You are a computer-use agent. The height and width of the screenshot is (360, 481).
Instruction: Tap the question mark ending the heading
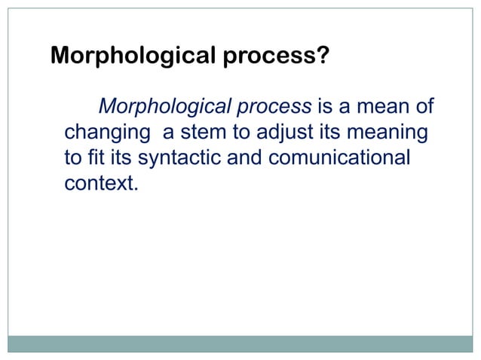[x=323, y=56]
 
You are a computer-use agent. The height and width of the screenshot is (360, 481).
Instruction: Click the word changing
[x=107, y=133]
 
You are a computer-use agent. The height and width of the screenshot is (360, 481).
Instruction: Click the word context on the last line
[x=98, y=183]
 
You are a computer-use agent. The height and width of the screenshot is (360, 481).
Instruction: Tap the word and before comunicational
[x=262, y=158]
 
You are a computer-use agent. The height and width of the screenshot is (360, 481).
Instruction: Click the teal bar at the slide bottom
[x=240, y=344]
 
